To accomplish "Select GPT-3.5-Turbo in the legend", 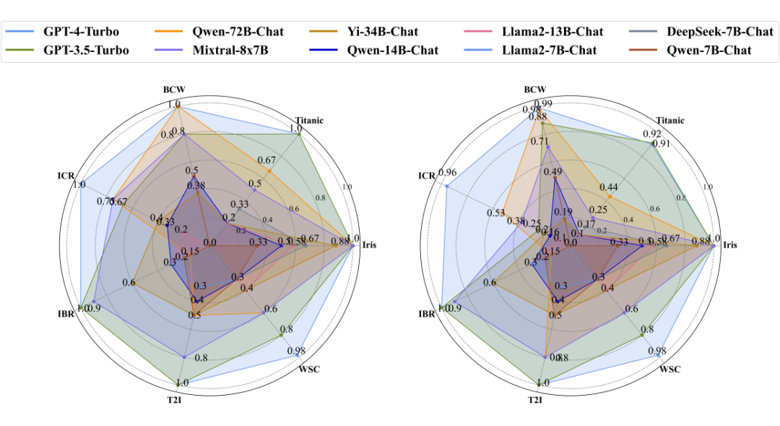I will coord(84,50).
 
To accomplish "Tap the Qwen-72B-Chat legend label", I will coord(237,32).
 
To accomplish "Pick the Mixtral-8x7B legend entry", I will coord(232,50).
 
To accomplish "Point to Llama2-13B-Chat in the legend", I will coord(550,32).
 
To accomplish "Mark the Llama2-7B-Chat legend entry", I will coord(547,50).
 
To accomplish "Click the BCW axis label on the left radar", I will coord(174,90).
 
